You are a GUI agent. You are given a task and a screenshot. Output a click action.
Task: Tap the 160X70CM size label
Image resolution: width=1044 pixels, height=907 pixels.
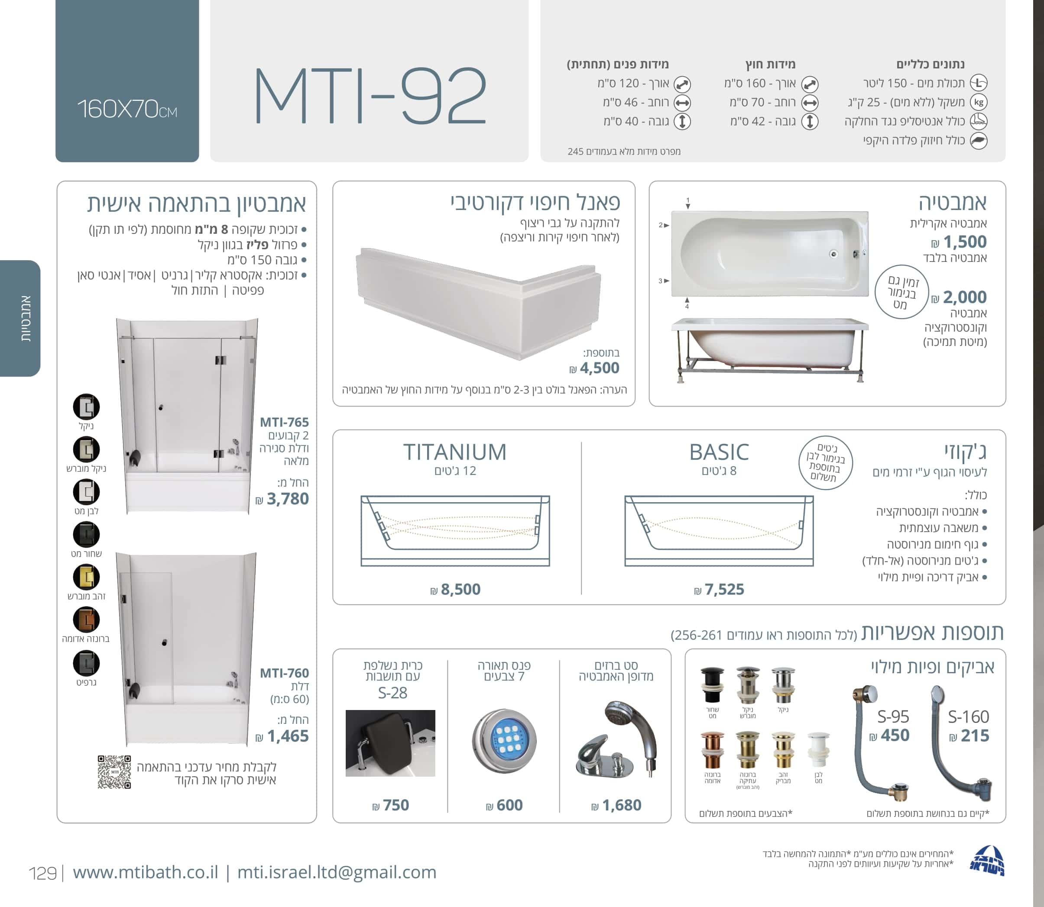pyautogui.click(x=127, y=109)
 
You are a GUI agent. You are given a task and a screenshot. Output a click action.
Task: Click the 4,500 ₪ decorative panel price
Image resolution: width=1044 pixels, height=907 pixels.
pyautogui.click(x=594, y=368)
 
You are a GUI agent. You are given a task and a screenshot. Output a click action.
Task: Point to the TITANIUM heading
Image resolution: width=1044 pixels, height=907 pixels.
pyautogui.click(x=455, y=452)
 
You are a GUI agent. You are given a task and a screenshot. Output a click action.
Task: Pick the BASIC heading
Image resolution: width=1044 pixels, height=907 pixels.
pyautogui.click(x=719, y=452)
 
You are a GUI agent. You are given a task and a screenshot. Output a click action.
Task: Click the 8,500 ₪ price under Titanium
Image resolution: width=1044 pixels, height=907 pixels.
pyautogui.click(x=455, y=589)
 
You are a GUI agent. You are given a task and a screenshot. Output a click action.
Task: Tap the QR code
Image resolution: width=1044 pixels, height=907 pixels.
pyautogui.click(x=114, y=772)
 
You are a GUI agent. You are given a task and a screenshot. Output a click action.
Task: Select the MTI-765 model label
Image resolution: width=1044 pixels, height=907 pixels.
pyautogui.click(x=284, y=422)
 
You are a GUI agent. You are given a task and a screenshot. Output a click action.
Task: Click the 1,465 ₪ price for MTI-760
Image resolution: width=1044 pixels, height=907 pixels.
pyautogui.click(x=282, y=736)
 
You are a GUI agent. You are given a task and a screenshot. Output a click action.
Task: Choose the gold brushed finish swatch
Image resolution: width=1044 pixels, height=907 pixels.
pyautogui.click(x=86, y=577)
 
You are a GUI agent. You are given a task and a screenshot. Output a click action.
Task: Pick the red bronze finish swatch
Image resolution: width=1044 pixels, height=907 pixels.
pyautogui.click(x=86, y=620)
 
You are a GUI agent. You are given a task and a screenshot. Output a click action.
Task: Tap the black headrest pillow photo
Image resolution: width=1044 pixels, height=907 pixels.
pyautogui.click(x=390, y=743)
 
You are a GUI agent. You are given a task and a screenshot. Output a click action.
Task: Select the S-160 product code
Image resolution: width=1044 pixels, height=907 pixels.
pyautogui.click(x=968, y=717)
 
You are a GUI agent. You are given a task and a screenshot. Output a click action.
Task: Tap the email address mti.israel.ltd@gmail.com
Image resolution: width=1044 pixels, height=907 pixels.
pyautogui.click(x=337, y=872)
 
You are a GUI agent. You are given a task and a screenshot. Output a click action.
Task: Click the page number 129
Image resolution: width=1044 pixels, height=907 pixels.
pyautogui.click(x=42, y=873)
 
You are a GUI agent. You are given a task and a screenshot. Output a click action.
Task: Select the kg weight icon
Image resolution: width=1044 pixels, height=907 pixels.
pyautogui.click(x=979, y=102)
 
